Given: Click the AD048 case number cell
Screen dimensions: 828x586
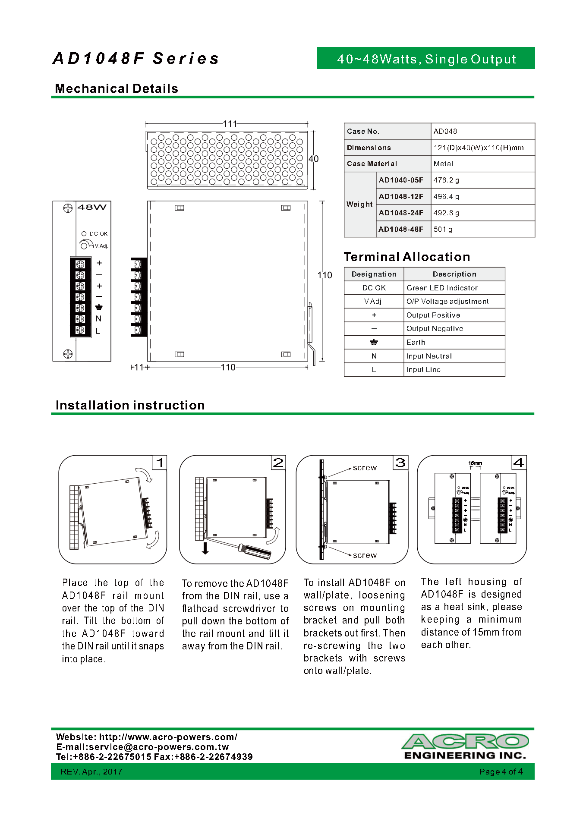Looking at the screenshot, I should [445, 131].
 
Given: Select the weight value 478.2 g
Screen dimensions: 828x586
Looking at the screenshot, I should [446, 180].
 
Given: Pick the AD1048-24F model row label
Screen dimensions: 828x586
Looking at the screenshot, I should [401, 213].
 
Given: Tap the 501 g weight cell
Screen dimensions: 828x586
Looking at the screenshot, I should [443, 229].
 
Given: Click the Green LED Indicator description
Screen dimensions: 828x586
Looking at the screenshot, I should [442, 288].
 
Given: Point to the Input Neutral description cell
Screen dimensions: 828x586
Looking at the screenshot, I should [429, 356].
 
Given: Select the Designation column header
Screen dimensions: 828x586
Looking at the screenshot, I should [374, 274].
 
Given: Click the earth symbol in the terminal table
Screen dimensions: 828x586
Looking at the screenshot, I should [374, 342].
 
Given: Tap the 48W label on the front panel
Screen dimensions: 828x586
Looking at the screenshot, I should [92, 207].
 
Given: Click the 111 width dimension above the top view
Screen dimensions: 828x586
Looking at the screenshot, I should [230, 124].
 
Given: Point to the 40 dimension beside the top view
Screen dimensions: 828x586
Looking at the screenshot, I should [314, 159].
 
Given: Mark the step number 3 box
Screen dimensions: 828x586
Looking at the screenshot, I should [400, 463].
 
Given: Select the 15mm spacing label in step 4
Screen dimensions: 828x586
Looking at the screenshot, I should [475, 463].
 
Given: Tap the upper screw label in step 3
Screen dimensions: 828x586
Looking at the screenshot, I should [365, 468].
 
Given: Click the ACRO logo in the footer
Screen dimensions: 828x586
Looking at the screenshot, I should [465, 742].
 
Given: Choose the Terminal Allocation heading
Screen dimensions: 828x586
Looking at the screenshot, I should [406, 257].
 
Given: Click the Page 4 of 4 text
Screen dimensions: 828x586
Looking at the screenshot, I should [501, 771].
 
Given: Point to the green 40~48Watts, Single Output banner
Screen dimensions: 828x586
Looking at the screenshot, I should [426, 59].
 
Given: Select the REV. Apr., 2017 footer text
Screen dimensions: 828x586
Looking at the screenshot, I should [91, 771].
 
